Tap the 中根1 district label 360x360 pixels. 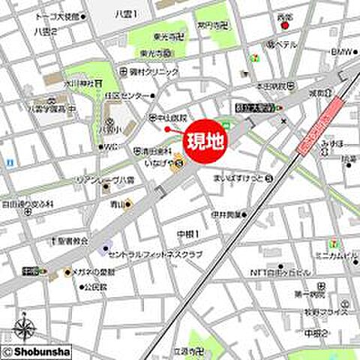189,235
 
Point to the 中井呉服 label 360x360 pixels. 226,214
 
